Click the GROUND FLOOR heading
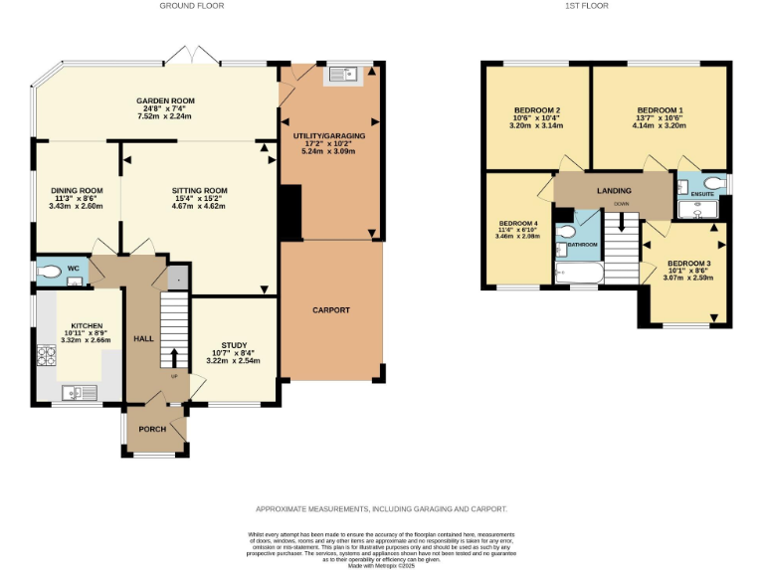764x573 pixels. (x=192, y=6)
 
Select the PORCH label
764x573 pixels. (x=151, y=429)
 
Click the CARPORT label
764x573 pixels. (x=330, y=309)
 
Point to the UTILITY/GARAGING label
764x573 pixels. (x=329, y=133)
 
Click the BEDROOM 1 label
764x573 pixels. (x=660, y=109)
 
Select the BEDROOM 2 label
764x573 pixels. (x=536, y=109)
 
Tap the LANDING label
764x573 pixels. (x=614, y=189)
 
